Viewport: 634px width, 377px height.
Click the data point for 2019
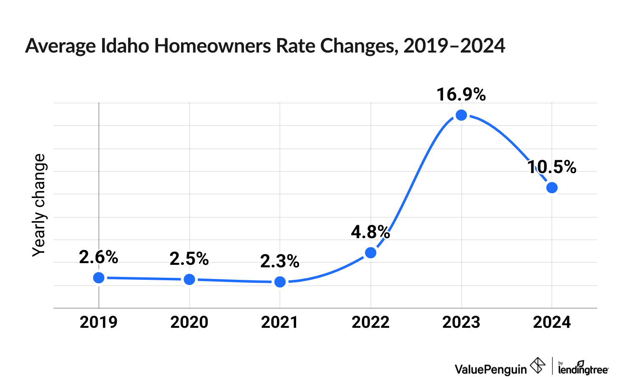(x=99, y=278)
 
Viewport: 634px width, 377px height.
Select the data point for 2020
(x=189, y=279)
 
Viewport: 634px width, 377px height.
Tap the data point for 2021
(x=280, y=282)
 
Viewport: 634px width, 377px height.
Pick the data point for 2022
(x=371, y=253)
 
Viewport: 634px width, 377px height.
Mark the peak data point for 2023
(x=461, y=115)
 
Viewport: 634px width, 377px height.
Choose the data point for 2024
(x=552, y=188)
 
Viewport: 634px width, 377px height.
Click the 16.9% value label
(x=461, y=95)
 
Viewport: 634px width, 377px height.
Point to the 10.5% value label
(x=552, y=167)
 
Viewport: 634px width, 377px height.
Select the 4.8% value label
(x=370, y=232)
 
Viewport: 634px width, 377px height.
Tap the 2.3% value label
(x=280, y=261)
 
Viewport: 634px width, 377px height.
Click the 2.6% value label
(x=99, y=257)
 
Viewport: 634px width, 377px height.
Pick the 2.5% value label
(x=189, y=259)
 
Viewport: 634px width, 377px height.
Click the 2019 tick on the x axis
(x=99, y=322)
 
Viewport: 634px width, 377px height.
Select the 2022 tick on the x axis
(x=371, y=322)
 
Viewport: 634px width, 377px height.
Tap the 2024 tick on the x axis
(x=552, y=322)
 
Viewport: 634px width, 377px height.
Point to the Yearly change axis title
(x=39, y=205)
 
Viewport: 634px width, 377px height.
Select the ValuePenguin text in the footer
(x=491, y=369)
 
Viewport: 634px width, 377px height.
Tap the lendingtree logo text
(x=583, y=369)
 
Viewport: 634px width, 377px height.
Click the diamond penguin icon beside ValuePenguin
(x=537, y=366)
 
